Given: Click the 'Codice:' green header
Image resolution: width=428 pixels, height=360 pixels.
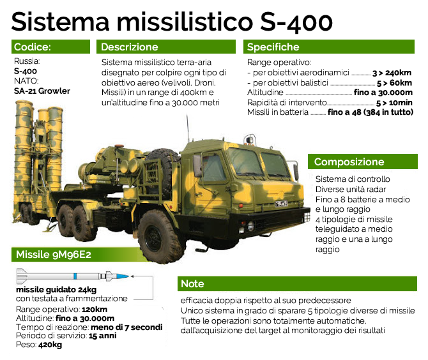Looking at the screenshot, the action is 50,47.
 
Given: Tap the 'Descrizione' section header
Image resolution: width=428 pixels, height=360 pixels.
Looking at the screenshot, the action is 166,47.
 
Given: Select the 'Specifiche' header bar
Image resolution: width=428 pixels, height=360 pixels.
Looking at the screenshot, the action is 329,47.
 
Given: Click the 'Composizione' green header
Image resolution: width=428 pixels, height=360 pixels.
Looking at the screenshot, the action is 363,161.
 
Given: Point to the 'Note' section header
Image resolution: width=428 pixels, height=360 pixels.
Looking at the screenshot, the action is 297,283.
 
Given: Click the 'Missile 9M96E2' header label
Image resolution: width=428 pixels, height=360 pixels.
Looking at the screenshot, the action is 54,255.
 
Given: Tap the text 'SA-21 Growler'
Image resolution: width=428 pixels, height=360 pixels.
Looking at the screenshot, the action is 42,91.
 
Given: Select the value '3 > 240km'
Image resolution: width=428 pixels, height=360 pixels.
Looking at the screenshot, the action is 392,73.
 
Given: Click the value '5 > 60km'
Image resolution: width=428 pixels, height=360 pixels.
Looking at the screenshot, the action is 394,83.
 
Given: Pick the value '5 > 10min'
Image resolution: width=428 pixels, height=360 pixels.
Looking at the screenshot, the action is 394,103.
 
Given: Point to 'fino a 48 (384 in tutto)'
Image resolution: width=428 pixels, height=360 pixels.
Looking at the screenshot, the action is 371,112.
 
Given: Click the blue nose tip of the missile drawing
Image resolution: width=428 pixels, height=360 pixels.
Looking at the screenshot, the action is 128,276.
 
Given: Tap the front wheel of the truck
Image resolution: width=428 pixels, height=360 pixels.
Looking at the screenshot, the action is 158,236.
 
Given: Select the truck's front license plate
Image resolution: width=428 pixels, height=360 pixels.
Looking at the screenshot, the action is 281,204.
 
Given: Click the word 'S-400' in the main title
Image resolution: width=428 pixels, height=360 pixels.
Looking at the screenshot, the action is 296,22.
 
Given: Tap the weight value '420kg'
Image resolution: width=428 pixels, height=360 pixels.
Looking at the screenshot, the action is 50,345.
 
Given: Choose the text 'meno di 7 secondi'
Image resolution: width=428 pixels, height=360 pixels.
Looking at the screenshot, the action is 126,327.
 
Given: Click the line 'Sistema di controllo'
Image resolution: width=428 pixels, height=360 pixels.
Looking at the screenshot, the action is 353,179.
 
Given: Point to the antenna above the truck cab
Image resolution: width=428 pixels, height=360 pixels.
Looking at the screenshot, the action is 188,128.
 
